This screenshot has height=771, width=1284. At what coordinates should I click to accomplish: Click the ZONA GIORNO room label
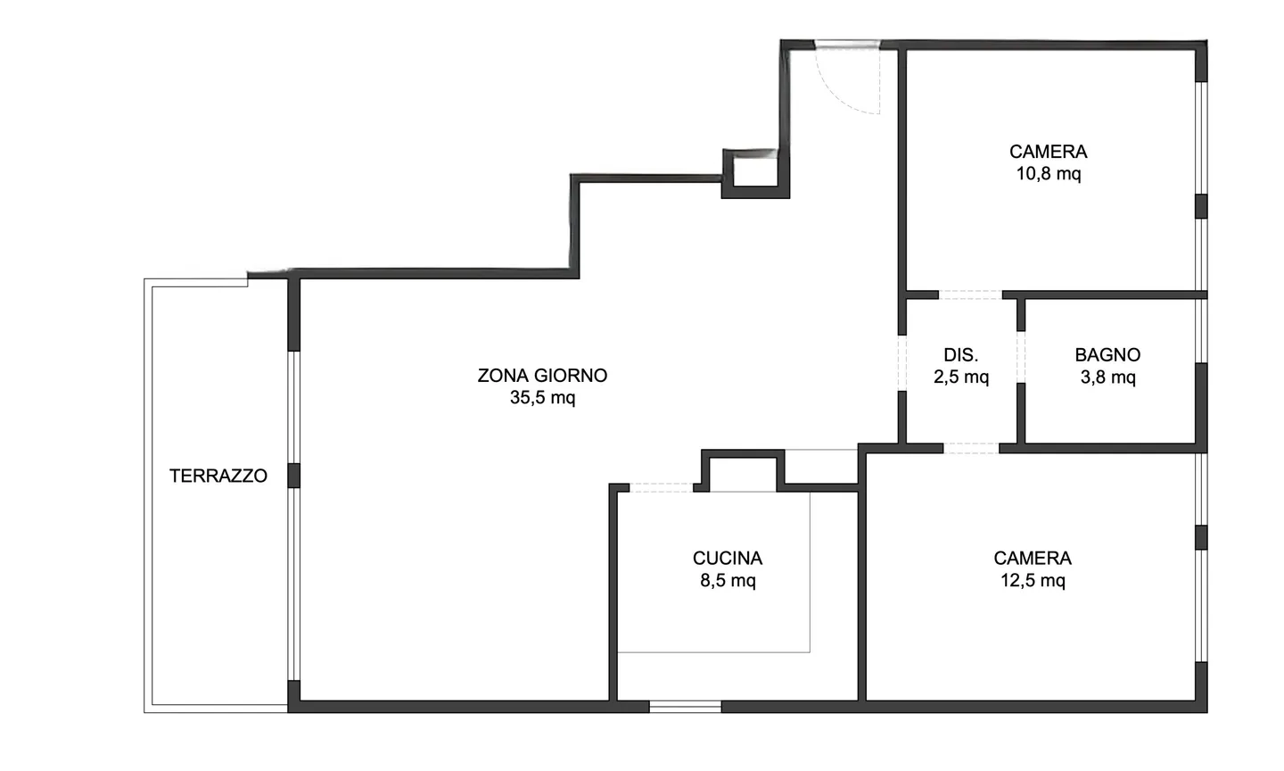coord(542,376)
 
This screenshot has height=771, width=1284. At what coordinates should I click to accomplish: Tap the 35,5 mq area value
coord(542,398)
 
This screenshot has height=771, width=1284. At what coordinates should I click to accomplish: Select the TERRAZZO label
coord(218,476)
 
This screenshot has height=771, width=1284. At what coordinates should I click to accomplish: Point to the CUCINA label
coord(728,559)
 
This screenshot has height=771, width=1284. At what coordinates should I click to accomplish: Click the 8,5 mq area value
coord(728,581)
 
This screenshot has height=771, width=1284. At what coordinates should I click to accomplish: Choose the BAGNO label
coord(1107,355)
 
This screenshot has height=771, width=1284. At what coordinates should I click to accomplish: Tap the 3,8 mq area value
coord(1107,377)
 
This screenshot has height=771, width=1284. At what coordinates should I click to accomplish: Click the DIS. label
coord(961,355)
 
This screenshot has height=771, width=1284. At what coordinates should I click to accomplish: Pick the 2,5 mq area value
coord(961,377)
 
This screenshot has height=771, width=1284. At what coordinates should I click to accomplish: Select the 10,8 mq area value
coord(1049,174)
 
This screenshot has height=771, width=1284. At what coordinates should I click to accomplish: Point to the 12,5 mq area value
coord(1033,581)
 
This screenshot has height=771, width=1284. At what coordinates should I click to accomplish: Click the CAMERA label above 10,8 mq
coord(1049,152)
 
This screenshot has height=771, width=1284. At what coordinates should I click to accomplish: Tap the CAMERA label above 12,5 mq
coord(1033,559)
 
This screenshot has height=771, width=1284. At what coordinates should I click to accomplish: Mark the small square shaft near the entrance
coord(755,171)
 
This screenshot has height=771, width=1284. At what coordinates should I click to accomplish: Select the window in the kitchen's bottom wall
coord(685,707)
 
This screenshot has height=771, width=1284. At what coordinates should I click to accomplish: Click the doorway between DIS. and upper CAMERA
coord(970,294)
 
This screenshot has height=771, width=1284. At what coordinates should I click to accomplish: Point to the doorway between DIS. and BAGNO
coord(1021,357)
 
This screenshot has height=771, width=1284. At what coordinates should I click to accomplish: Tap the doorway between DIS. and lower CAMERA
coord(971,448)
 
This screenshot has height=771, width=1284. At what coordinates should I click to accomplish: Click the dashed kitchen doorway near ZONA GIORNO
coord(662,487)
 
